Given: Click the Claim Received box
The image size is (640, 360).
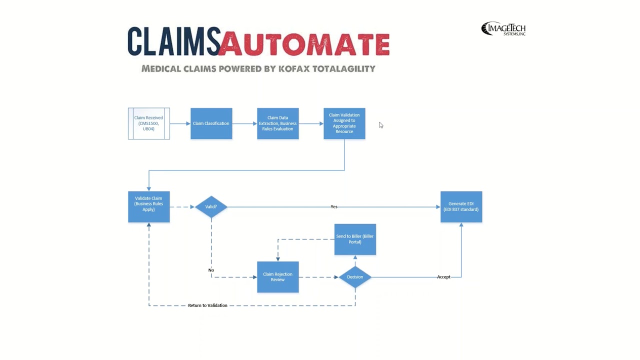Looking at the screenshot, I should (149, 123).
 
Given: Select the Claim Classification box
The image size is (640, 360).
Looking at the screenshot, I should (211, 123).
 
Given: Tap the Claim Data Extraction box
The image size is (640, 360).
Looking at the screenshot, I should (277, 123).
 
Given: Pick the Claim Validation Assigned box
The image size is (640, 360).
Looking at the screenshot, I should (344, 123).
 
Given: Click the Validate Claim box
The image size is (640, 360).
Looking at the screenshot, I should (149, 206).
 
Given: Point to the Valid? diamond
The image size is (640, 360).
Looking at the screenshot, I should (211, 206).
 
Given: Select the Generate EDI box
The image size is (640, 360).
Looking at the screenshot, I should (461, 206).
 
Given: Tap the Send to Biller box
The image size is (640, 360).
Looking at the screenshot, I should (355, 239).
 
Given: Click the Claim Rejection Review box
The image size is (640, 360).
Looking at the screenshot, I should (277, 277).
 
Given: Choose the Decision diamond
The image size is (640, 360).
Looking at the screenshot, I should (355, 277).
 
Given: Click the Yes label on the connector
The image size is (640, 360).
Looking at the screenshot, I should (334, 206).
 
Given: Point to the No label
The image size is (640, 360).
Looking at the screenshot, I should (211, 270).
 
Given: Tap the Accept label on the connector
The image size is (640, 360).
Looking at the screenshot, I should (443, 277).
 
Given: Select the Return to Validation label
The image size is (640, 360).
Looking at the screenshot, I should (207, 305).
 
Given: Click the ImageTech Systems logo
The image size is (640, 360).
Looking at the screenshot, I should (503, 29).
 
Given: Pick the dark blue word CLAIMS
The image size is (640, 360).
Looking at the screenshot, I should (173, 42).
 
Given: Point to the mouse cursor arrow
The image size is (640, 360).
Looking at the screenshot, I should (380, 125).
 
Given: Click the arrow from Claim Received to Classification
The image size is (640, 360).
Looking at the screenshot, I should (180, 123).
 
